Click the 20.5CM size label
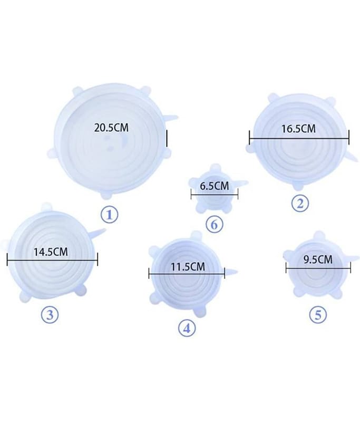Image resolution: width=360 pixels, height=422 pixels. (x=111, y=128)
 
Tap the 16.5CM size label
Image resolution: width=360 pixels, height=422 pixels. (x=298, y=129)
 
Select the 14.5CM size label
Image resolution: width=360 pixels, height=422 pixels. (x=51, y=252)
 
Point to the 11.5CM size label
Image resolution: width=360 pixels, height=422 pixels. (x=188, y=267)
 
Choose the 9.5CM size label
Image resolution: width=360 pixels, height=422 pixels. (x=318, y=260)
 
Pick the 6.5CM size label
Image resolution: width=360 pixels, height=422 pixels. (x=215, y=186)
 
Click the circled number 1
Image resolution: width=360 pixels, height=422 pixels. (x=109, y=215)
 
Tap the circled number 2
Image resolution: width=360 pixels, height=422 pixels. (x=300, y=204)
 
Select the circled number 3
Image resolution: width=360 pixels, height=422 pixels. (x=50, y=314)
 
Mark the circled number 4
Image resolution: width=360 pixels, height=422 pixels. (x=187, y=328)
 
